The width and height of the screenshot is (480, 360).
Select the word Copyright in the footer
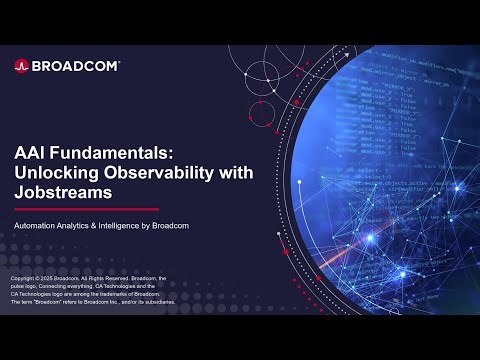[x=23, y=277]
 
